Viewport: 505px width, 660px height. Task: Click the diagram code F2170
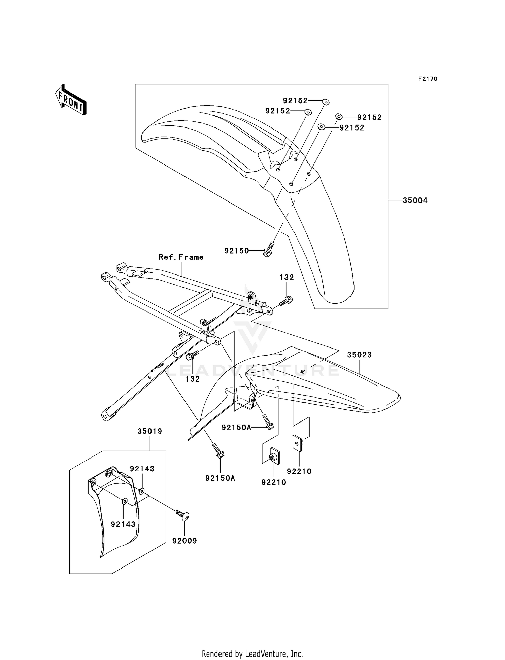[x=428, y=79]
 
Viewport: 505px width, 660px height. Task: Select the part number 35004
[x=415, y=200]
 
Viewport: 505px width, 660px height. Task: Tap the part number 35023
[x=359, y=355]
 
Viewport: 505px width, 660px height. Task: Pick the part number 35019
[x=149, y=431]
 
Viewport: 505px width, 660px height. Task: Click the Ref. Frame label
[x=181, y=257]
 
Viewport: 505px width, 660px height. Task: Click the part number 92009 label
[x=184, y=541]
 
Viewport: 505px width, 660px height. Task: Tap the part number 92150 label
[x=237, y=251]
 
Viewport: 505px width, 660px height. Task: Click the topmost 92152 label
[x=295, y=101]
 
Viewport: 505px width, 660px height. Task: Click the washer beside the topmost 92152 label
[x=326, y=102]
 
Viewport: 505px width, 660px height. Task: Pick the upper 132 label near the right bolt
[x=287, y=277]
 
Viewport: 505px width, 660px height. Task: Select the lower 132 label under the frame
[x=193, y=379]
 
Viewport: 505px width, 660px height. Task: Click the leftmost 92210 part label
[x=274, y=482]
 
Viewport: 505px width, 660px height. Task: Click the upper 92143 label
[x=142, y=469]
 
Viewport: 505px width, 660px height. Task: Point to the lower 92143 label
[x=123, y=524]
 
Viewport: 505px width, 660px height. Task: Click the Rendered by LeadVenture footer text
[x=252, y=654]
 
